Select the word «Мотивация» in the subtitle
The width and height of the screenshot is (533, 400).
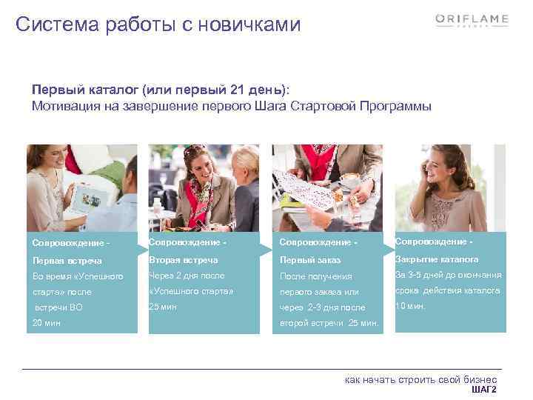[64, 105]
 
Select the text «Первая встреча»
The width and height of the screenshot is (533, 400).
[67, 261]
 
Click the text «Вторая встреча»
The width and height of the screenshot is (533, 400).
[184, 260]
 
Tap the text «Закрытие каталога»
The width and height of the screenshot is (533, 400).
[437, 259]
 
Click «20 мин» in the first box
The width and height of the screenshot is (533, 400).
[47, 322]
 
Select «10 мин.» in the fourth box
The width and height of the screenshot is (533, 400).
[411, 306]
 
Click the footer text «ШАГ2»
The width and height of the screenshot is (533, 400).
[483, 390]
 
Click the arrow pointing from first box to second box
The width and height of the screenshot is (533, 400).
[142, 246]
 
